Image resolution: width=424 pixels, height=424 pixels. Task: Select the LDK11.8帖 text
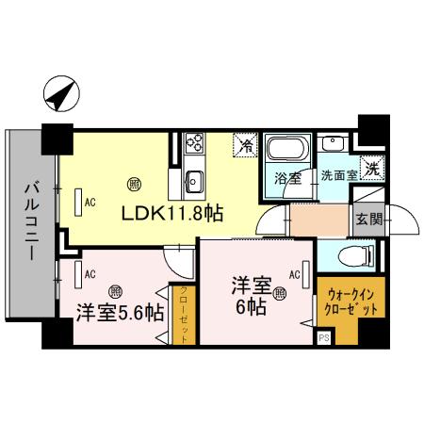pyautogui.click(x=171, y=213)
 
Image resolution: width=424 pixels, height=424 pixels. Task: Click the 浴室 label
pyautogui.click(x=286, y=176)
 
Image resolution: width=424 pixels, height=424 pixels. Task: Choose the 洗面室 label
pyautogui.click(x=338, y=175)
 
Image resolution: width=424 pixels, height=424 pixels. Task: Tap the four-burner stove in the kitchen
pyautogui.click(x=197, y=143)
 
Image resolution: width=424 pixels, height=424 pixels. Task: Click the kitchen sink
pyautogui.click(x=196, y=178)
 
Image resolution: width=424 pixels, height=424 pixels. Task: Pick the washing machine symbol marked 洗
pyautogui.click(x=373, y=171)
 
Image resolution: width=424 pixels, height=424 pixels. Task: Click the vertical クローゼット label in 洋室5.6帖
pyautogui.click(x=184, y=315)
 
